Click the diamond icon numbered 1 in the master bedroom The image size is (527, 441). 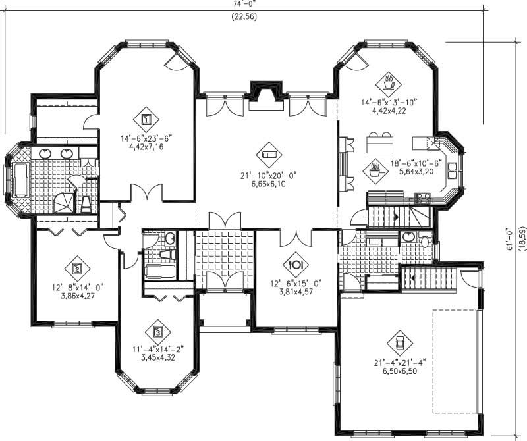(146, 120)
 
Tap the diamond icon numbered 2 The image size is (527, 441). (76, 268)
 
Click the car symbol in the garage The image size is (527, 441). (399, 342)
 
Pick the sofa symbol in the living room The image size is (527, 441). (268, 153)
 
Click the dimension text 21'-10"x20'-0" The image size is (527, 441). (268, 175)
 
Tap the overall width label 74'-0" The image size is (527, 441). (244, 3)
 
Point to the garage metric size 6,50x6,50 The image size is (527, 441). (399, 371)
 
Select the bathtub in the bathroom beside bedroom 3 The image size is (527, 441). (159, 271)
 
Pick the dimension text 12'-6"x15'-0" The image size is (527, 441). (294, 284)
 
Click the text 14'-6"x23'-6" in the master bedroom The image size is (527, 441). (146, 138)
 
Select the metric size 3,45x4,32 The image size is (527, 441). (157, 359)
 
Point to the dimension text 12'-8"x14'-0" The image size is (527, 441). (76, 287)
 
